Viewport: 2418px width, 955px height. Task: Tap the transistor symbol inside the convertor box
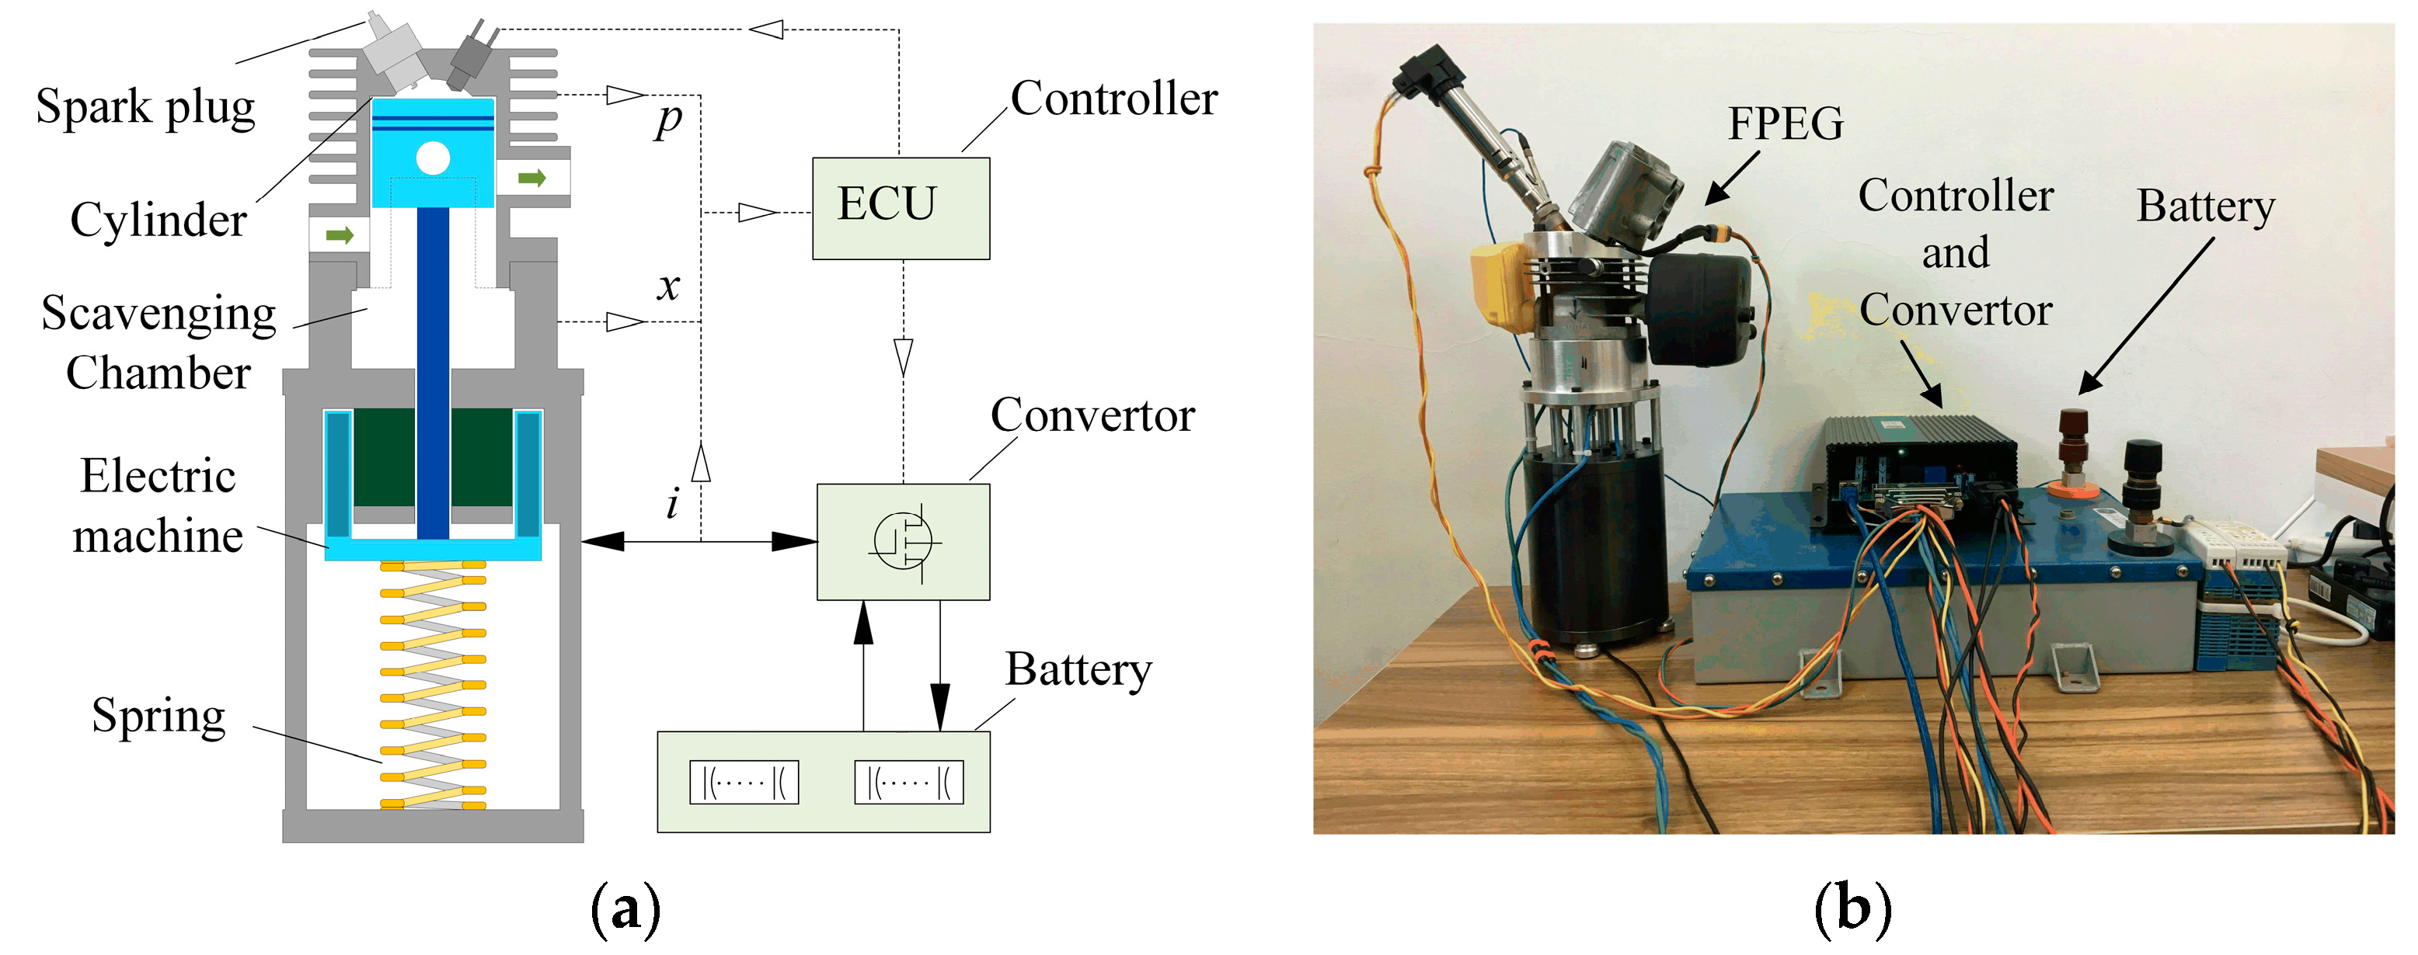click(903, 541)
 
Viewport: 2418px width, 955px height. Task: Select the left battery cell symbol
click(744, 781)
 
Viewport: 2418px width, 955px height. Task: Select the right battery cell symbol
click(908, 781)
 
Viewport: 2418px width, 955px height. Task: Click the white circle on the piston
click(433, 158)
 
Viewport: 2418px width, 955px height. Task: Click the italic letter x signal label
click(667, 285)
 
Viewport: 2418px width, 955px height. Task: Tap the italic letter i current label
click(672, 504)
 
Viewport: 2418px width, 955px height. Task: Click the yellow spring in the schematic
click(433, 685)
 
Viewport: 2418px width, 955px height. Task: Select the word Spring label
click(159, 716)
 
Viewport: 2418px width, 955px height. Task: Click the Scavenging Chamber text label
click(159, 342)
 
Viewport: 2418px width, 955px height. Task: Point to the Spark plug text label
click(145, 106)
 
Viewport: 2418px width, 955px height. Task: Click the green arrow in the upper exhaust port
click(532, 177)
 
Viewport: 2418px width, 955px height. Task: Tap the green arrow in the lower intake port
click(339, 234)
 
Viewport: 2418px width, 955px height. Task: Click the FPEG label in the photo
click(1786, 123)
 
